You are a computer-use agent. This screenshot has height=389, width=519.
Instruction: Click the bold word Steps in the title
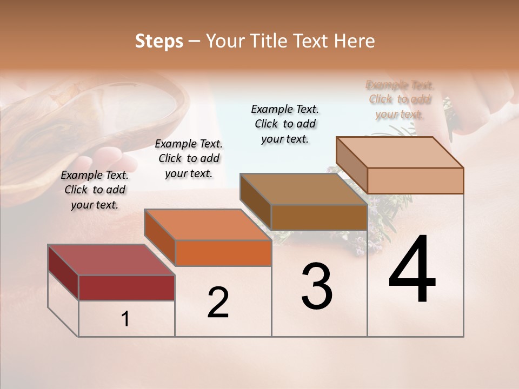point(159,41)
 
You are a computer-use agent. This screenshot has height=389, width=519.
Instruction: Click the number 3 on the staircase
point(317,286)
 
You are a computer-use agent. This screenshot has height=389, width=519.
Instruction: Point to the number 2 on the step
point(218,303)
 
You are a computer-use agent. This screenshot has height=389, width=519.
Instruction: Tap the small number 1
point(125,319)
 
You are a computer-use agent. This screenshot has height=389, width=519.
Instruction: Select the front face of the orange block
point(223,253)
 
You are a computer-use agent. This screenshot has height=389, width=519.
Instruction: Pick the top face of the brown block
point(303,189)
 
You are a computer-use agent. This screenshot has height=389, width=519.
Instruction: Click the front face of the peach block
point(415,180)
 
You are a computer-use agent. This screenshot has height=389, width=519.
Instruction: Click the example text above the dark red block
point(95,190)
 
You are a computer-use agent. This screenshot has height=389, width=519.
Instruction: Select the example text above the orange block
point(189,158)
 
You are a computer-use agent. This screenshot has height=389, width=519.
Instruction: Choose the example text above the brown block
point(285,124)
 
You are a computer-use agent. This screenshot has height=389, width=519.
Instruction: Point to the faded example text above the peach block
point(400,99)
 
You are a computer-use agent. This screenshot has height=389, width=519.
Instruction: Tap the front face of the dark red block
point(127,287)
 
